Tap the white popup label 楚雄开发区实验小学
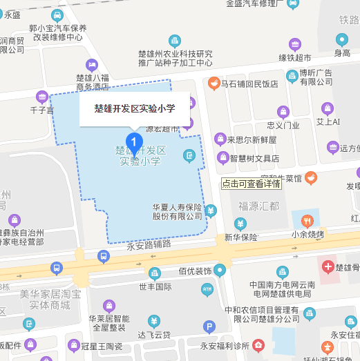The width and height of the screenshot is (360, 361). click(x=135, y=109)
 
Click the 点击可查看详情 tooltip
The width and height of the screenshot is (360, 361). click(x=252, y=184)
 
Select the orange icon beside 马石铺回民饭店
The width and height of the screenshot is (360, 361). click(x=214, y=84)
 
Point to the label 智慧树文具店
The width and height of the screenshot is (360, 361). click(x=254, y=158)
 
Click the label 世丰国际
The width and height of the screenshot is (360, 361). click(x=155, y=286)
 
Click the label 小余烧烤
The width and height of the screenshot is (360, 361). click(x=307, y=235)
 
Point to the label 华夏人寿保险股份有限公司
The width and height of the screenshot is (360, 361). click(x=177, y=211)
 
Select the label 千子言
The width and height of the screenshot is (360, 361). click(x=42, y=110)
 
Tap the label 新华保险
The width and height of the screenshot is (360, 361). click(x=240, y=237)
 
